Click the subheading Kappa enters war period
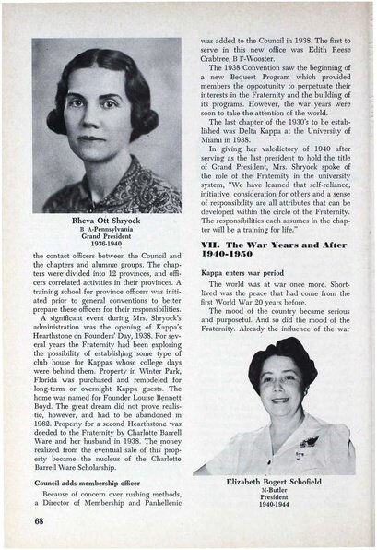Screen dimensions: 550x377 click(243, 275)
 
